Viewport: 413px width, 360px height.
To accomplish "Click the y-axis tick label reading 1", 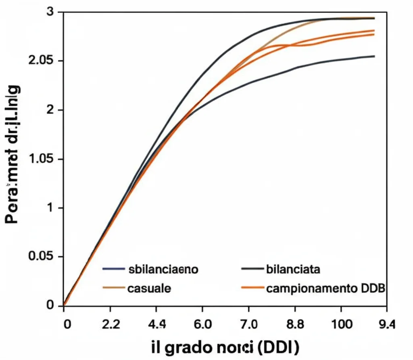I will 50,208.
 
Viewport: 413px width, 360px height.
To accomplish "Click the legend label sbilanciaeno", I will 163,270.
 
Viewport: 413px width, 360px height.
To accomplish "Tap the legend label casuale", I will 149,288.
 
